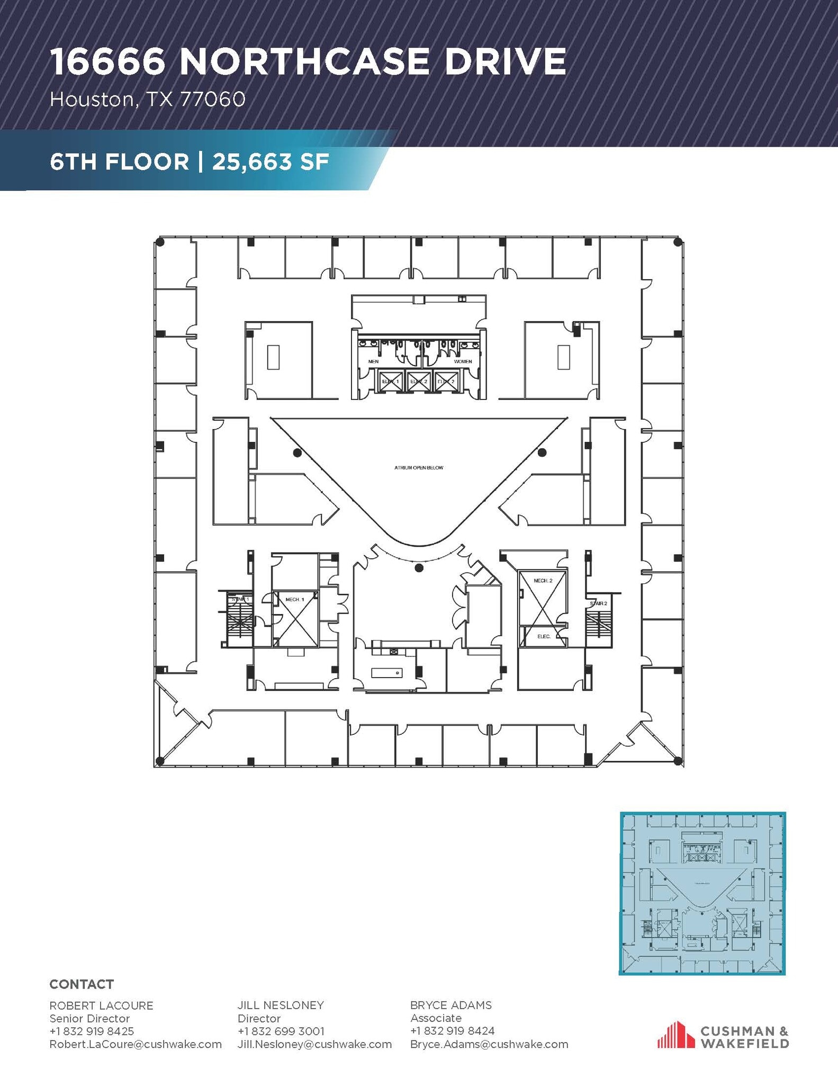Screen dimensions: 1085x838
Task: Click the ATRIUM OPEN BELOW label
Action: [x=418, y=468]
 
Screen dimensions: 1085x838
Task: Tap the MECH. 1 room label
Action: [x=295, y=599]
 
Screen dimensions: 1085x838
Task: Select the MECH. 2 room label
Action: [x=543, y=581]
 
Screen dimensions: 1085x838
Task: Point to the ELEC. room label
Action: [x=544, y=636]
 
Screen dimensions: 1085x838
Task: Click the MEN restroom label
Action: [x=373, y=361]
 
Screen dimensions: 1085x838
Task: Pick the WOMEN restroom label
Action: [x=463, y=361]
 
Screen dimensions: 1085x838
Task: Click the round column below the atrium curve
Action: [x=419, y=568]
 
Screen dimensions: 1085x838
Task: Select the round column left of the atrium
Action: [x=298, y=453]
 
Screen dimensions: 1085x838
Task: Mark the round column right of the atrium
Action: [x=542, y=453]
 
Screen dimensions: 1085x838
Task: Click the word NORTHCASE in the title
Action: [x=304, y=62]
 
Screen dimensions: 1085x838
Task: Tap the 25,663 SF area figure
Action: [x=271, y=162]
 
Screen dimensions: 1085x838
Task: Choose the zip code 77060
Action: [x=213, y=99]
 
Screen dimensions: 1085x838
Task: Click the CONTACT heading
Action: [x=82, y=984]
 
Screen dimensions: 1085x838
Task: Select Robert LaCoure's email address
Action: [x=136, y=1044]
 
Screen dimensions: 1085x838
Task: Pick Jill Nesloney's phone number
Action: [x=281, y=1031]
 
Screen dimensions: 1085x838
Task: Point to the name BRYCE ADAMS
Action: [x=451, y=1005]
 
